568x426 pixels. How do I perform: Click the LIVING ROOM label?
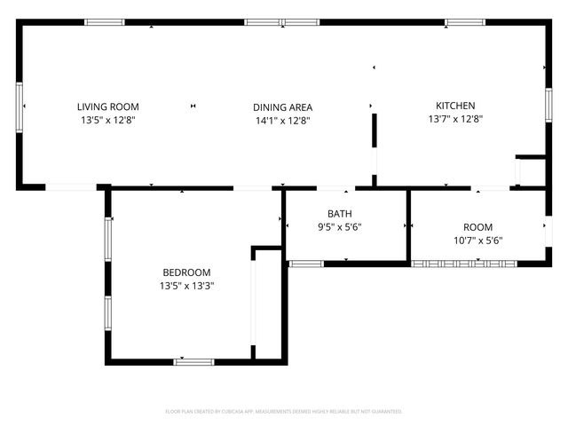click(107, 106)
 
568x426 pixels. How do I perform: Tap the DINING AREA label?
click(282, 107)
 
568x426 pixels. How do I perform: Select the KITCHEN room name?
click(454, 106)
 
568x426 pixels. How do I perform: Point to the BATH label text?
click(339, 214)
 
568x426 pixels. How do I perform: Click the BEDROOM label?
click(186, 272)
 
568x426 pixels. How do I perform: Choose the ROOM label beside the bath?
click(477, 227)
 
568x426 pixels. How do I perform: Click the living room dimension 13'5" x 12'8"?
click(107, 120)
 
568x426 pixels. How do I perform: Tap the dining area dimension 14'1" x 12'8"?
click(282, 121)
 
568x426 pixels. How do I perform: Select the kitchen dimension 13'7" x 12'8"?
click(454, 119)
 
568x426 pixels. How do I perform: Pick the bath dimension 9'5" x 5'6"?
click(339, 227)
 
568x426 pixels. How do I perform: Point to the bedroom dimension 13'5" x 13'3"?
click(186, 286)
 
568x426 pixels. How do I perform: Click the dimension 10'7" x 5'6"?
click(477, 241)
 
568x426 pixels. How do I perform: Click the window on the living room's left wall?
click(20, 106)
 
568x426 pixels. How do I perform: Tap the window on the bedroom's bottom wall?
click(193, 361)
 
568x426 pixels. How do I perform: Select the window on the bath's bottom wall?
click(306, 263)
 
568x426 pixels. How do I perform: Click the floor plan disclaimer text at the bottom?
click(284, 412)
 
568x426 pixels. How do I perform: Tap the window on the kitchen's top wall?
click(466, 22)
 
